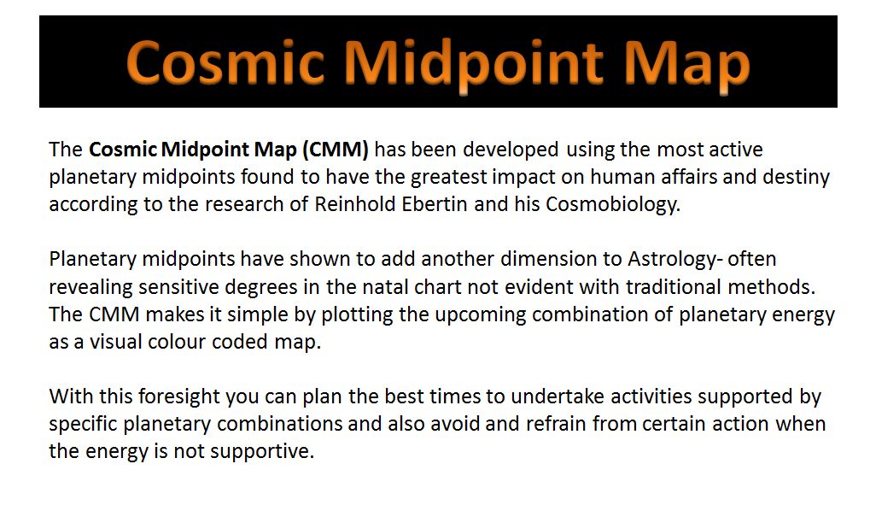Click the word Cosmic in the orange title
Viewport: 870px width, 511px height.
225,62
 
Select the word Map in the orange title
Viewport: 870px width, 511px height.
687,67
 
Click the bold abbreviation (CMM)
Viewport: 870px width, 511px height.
336,150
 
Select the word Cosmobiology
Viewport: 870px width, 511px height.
612,205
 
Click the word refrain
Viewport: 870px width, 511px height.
556,423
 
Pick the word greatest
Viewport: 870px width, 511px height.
448,178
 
